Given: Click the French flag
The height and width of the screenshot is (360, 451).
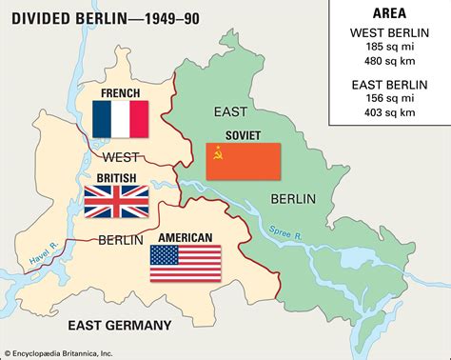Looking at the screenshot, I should tap(121, 120).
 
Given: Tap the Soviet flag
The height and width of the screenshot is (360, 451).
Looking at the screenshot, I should tap(244, 162).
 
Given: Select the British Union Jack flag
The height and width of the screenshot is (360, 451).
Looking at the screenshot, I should tap(116, 202).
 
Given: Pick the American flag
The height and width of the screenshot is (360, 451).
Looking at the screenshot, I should tap(185, 264).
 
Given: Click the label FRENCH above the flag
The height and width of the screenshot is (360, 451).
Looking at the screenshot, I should tap(120, 93).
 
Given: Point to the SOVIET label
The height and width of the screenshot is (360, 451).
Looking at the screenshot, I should tap(244, 135).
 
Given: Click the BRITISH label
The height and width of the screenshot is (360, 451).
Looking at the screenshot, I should tap(116, 177).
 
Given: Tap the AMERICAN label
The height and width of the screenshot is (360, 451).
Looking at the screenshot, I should tap(185, 238).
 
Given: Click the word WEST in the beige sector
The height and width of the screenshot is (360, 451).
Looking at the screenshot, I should tap(121, 155).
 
